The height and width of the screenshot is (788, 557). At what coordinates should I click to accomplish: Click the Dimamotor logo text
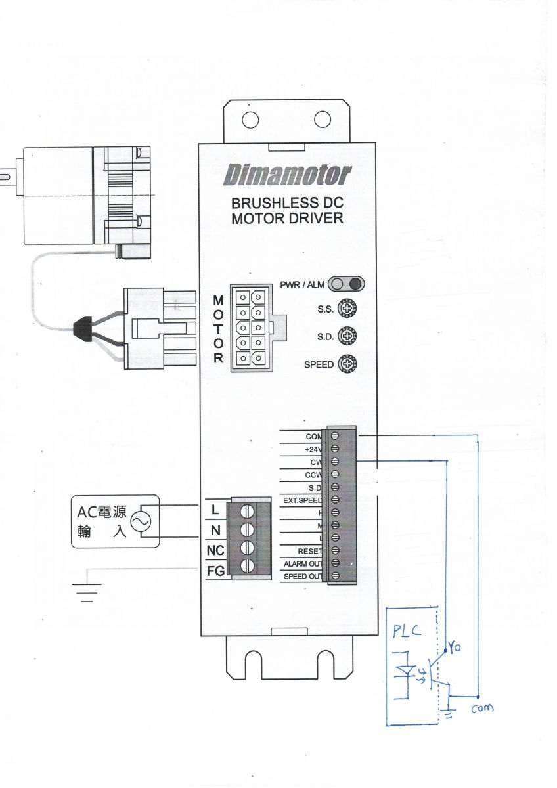[288, 175]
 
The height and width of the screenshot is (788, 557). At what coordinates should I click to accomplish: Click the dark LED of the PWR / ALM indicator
[355, 284]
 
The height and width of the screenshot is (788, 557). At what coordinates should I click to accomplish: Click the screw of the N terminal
[249, 530]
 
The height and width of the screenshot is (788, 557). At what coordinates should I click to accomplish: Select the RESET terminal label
[309, 551]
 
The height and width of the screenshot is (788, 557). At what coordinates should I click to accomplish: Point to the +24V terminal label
[313, 449]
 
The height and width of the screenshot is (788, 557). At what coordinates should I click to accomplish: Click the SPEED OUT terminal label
[303, 577]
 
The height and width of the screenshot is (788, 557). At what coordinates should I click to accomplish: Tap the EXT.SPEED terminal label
[302, 500]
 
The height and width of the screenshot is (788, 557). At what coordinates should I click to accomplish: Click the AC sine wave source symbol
[141, 521]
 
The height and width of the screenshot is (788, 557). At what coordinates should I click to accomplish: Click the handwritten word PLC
[409, 632]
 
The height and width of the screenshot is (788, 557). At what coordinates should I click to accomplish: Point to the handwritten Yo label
[455, 647]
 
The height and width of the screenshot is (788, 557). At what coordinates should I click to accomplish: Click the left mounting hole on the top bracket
[250, 120]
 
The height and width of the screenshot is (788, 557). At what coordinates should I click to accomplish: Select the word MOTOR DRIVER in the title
[287, 218]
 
